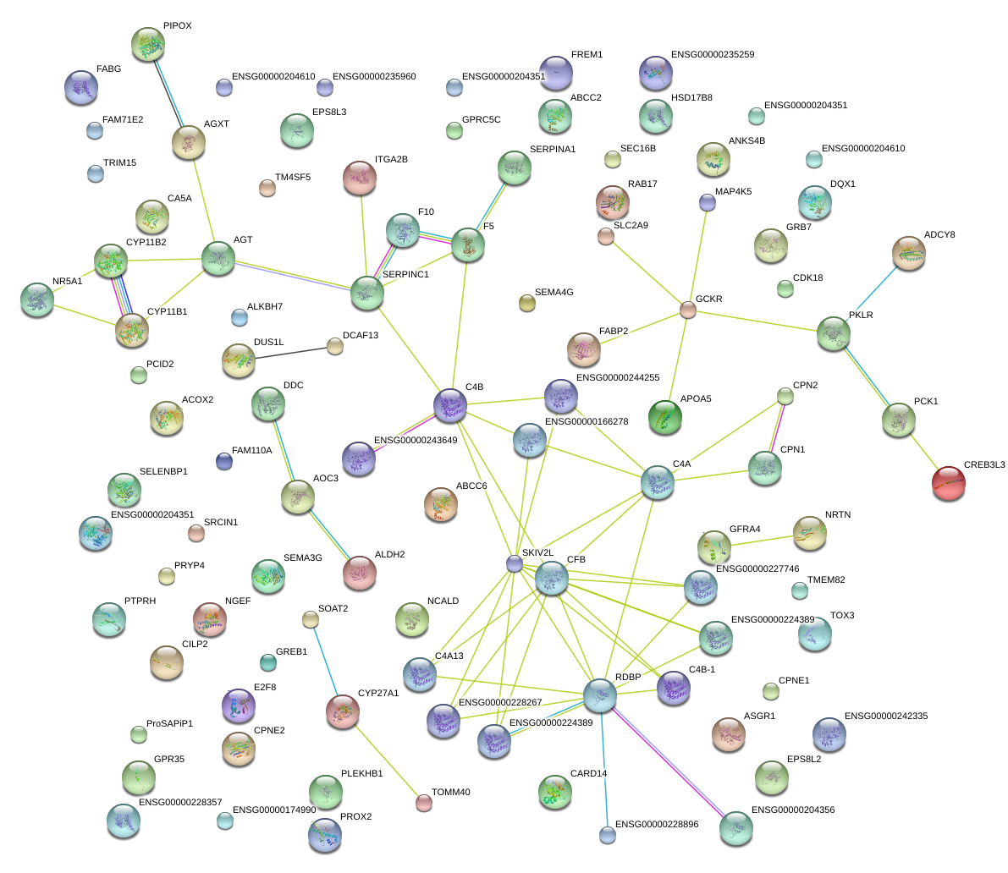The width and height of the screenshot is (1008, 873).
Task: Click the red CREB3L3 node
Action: click(x=948, y=483)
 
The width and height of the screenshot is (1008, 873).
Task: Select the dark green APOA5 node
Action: click(x=665, y=418)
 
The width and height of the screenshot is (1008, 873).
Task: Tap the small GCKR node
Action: click(x=688, y=310)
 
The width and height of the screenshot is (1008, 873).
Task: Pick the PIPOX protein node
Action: click(x=149, y=45)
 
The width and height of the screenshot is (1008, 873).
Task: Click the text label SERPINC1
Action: click(x=405, y=275)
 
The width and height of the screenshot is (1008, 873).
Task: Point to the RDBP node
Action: click(x=600, y=695)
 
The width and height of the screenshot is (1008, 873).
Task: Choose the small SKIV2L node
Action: click(x=514, y=563)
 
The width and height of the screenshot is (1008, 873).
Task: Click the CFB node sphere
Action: click(x=552, y=579)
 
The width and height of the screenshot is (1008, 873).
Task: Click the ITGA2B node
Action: click(x=360, y=178)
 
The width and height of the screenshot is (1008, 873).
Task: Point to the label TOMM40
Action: click(x=450, y=793)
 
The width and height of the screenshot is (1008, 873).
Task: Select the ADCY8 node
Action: click(x=909, y=253)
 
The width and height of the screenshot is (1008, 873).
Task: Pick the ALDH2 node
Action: click(x=360, y=573)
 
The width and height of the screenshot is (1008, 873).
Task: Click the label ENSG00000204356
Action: click(x=793, y=810)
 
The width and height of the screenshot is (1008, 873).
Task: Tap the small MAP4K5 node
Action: click(x=708, y=202)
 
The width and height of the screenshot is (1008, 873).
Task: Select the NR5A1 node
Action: click(x=37, y=300)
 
